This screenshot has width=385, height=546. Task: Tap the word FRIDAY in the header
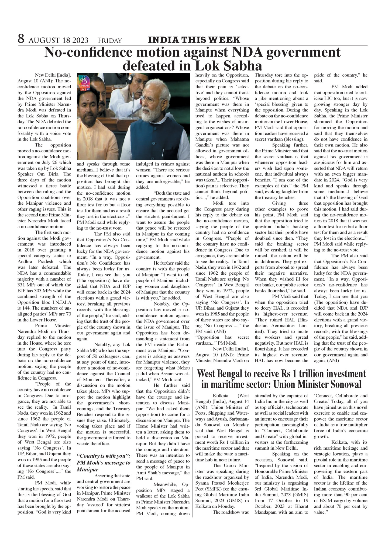(x=110, y=41)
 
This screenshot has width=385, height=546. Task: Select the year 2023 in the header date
(x=79, y=40)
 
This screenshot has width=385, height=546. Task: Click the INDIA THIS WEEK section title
(x=194, y=40)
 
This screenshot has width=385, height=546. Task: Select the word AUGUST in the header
(x=45, y=40)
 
